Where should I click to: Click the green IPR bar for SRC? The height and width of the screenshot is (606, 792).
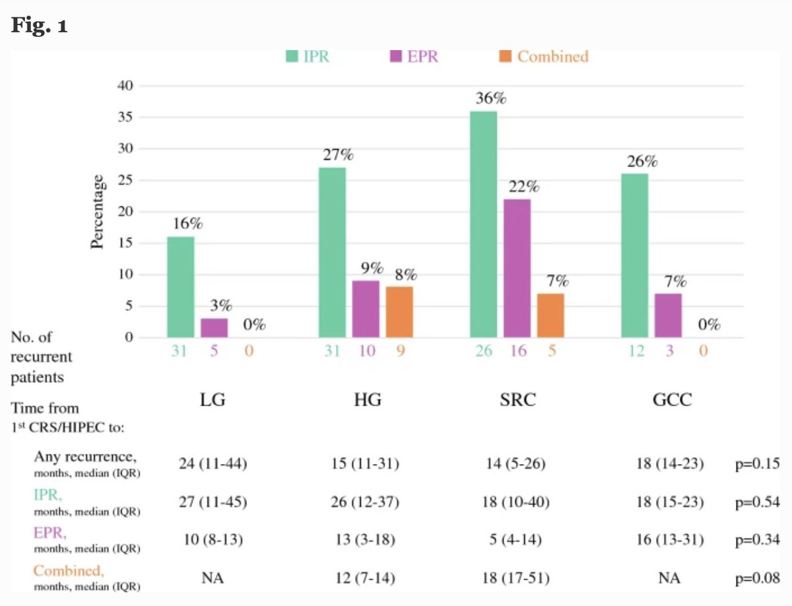(x=483, y=224)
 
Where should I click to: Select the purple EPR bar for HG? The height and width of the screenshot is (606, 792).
(x=366, y=309)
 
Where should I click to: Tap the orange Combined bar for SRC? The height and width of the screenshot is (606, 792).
(x=550, y=316)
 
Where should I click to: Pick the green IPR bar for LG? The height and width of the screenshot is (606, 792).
(x=180, y=287)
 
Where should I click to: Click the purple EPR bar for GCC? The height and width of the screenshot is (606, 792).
(x=668, y=316)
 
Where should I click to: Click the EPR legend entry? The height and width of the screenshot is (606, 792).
(x=414, y=57)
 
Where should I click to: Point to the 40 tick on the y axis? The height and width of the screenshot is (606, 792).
(x=125, y=86)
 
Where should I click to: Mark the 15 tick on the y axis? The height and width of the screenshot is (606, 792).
(x=125, y=243)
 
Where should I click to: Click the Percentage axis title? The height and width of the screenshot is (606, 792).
(x=98, y=211)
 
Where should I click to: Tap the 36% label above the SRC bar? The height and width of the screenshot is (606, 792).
(x=490, y=99)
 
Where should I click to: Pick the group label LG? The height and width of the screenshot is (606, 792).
(x=213, y=400)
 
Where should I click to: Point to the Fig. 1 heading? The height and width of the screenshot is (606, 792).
(x=39, y=27)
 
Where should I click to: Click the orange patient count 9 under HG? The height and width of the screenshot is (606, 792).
(x=401, y=351)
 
